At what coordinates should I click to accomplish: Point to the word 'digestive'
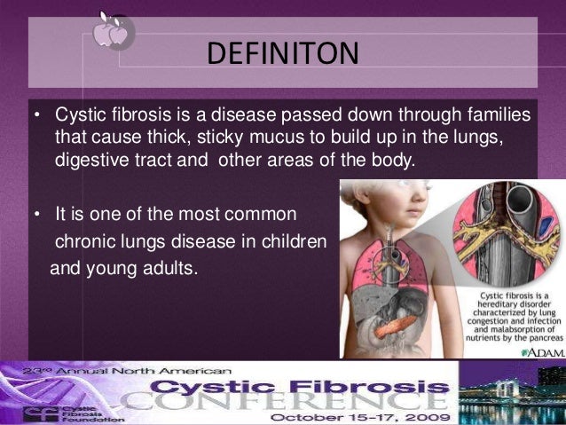(x=90, y=161)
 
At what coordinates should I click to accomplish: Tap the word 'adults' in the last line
(x=168, y=264)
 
